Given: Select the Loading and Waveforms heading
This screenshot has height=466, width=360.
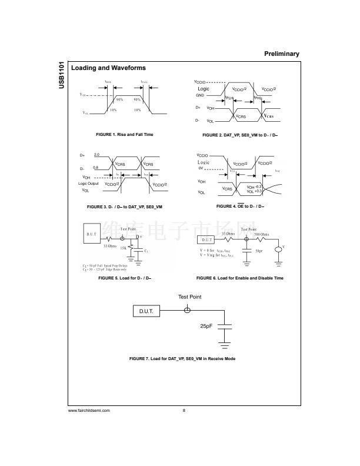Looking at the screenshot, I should [x=108, y=68].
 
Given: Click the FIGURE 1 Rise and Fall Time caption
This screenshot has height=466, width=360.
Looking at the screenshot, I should [x=124, y=135].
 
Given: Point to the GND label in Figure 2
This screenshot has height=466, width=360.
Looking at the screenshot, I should [x=199, y=95].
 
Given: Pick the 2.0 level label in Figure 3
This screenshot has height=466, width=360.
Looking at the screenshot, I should [x=96, y=154].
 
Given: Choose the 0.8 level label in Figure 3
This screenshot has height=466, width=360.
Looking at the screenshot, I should [x=96, y=168].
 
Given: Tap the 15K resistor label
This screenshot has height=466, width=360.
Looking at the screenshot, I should [x=123, y=248].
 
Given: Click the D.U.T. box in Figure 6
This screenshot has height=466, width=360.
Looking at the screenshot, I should [x=206, y=240].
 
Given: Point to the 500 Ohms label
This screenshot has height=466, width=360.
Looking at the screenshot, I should [x=261, y=234].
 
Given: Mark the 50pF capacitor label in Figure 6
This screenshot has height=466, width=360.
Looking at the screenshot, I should [x=259, y=251].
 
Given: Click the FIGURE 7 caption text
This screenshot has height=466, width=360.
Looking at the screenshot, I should [x=182, y=358].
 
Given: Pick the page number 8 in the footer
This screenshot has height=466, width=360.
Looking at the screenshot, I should [x=184, y=410].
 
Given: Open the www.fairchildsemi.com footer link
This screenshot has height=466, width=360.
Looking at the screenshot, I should [x=89, y=410].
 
